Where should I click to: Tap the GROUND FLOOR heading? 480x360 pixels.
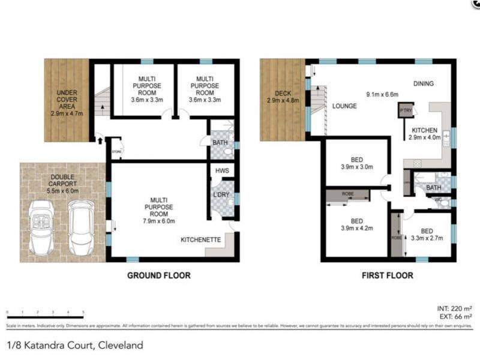pos(158,276)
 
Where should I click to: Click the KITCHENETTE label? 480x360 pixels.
pos(201,239)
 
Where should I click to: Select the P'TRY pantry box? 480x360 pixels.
pos(406,111)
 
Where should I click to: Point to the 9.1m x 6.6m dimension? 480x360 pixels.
pos(383,94)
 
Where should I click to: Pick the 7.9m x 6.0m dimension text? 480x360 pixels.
pos(158,220)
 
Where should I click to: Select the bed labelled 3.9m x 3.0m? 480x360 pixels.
pos(357,163)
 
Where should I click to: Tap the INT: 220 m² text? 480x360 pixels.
pos(454,308)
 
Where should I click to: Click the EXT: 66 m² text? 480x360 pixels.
pos(455,316)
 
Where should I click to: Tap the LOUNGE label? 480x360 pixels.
pos(344,106)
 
